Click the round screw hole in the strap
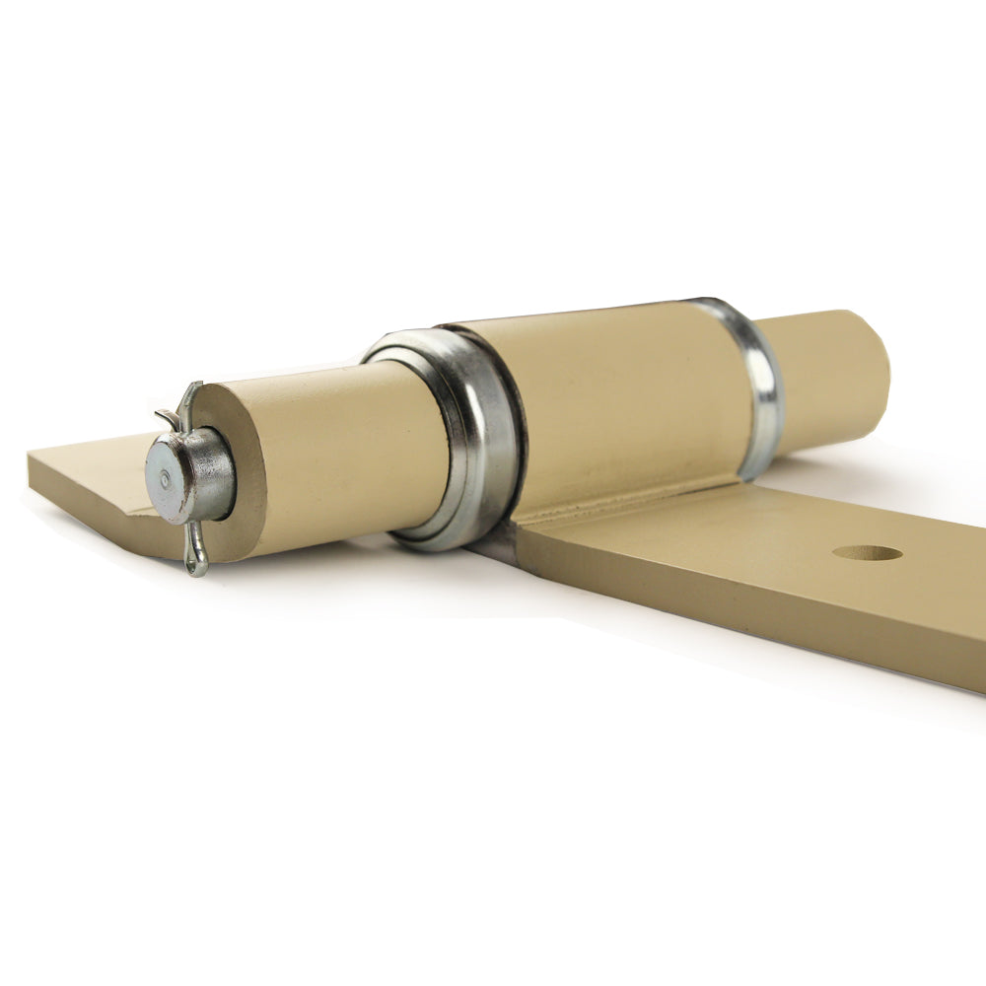868,553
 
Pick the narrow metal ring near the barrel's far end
753,385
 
